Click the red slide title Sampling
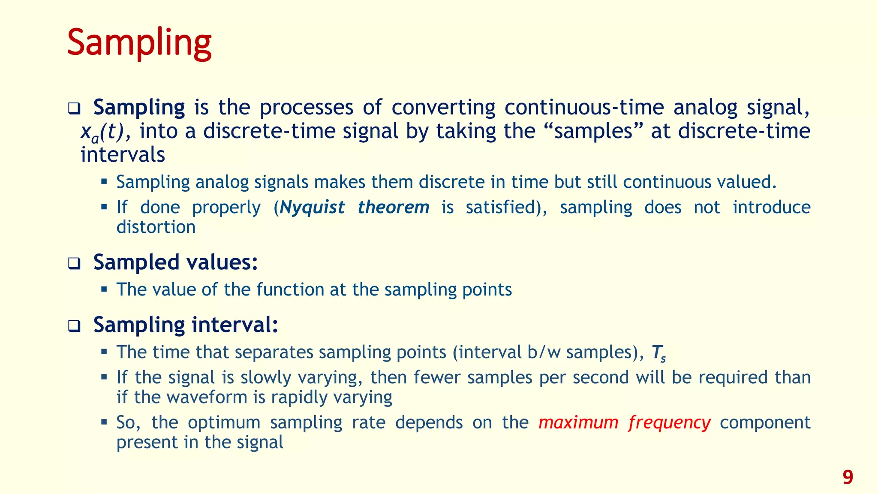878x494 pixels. pyautogui.click(x=139, y=43)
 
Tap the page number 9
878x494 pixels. pyautogui.click(x=848, y=477)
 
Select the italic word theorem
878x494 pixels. pyautogui.click(x=393, y=208)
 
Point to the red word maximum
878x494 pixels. pyautogui.click(x=578, y=423)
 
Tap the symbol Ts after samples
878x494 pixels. pyautogui.click(x=658, y=353)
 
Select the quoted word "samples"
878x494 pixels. pyautogui.click(x=594, y=131)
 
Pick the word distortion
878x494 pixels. pyautogui.click(x=156, y=227)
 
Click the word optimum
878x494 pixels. pyautogui.click(x=224, y=423)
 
